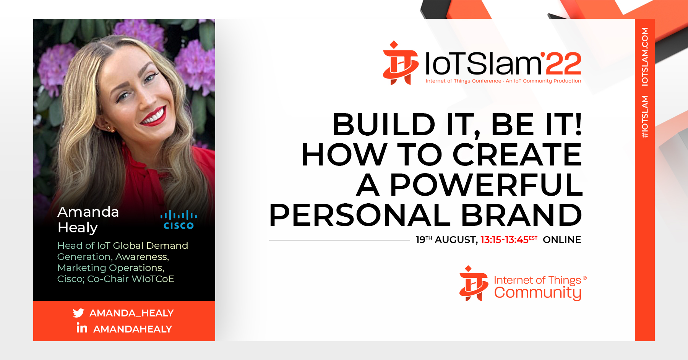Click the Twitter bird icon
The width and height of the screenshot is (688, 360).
click(x=78, y=313)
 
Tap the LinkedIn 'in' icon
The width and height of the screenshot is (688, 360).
click(x=82, y=328)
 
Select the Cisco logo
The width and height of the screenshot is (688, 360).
click(x=178, y=220)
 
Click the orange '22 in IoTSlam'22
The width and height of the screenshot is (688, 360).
click(x=561, y=63)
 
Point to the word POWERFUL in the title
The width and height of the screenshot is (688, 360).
click(x=486, y=185)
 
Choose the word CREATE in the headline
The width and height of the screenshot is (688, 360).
click(x=517, y=155)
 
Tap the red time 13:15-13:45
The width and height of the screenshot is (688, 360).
click(x=505, y=240)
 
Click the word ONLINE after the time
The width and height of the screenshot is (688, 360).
click(x=562, y=240)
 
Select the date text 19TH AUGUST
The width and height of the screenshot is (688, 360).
click(x=447, y=240)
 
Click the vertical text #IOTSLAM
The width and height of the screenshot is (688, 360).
click(x=645, y=117)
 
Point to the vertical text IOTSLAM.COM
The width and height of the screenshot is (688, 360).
click(x=645, y=57)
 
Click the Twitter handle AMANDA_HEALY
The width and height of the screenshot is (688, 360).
click(x=131, y=313)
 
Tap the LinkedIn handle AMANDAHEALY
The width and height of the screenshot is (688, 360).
click(x=133, y=329)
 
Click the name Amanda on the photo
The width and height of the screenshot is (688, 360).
click(x=88, y=212)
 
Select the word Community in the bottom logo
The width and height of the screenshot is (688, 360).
click(x=538, y=293)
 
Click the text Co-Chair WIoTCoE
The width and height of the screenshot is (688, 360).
click(x=131, y=279)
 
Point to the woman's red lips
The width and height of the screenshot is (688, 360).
click(x=154, y=116)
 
